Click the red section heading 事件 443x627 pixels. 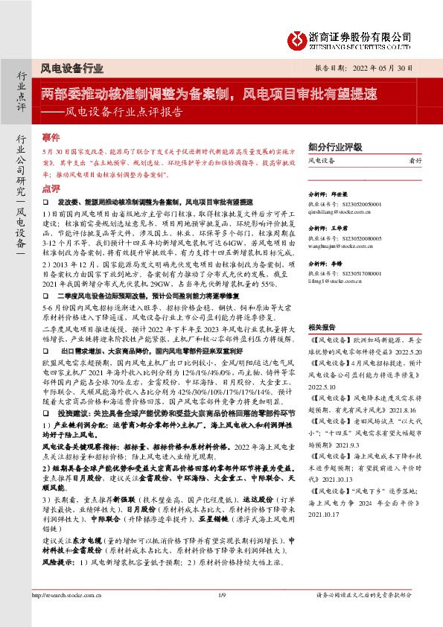tap(51, 139)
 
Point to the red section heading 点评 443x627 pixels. tap(51, 189)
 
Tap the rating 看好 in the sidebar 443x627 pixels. tap(416, 161)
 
